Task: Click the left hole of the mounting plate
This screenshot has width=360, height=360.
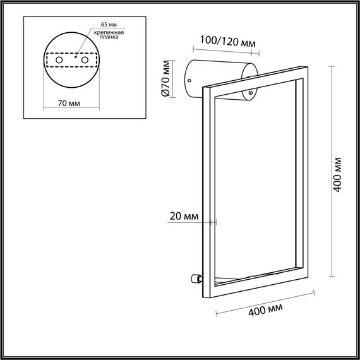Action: coord(59,59)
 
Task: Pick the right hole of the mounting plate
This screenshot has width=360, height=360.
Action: coord(83,59)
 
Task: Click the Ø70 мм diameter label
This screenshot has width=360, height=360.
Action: coord(165,78)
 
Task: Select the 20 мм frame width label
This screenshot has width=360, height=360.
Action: coord(184,217)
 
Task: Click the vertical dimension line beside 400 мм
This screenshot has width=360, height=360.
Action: coord(330,174)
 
